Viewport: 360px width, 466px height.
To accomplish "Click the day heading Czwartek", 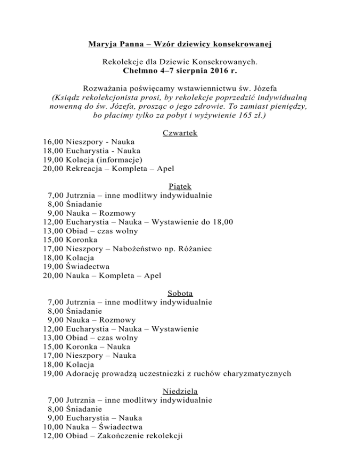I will (x=180, y=133).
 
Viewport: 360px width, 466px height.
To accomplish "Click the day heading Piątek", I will (x=180, y=187).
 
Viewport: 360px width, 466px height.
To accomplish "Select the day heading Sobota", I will (x=180, y=293).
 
